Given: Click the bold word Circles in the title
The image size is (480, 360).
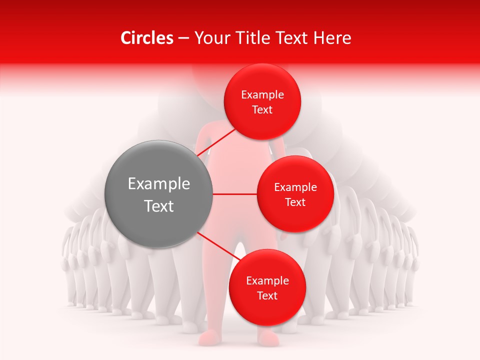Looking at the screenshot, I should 147,38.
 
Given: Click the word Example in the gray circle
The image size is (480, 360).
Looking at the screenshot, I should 159,183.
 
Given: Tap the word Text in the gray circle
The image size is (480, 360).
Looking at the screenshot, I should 159,205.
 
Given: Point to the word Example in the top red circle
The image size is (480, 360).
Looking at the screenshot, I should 262,94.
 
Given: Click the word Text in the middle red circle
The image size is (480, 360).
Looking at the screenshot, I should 295,202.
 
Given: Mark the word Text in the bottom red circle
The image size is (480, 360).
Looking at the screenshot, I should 267,295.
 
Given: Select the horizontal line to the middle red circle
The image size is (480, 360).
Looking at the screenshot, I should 235,194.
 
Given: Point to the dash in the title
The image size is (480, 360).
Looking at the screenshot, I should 183,38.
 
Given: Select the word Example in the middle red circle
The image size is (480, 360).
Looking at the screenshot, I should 295,187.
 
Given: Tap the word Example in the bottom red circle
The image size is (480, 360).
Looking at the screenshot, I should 267,280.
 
